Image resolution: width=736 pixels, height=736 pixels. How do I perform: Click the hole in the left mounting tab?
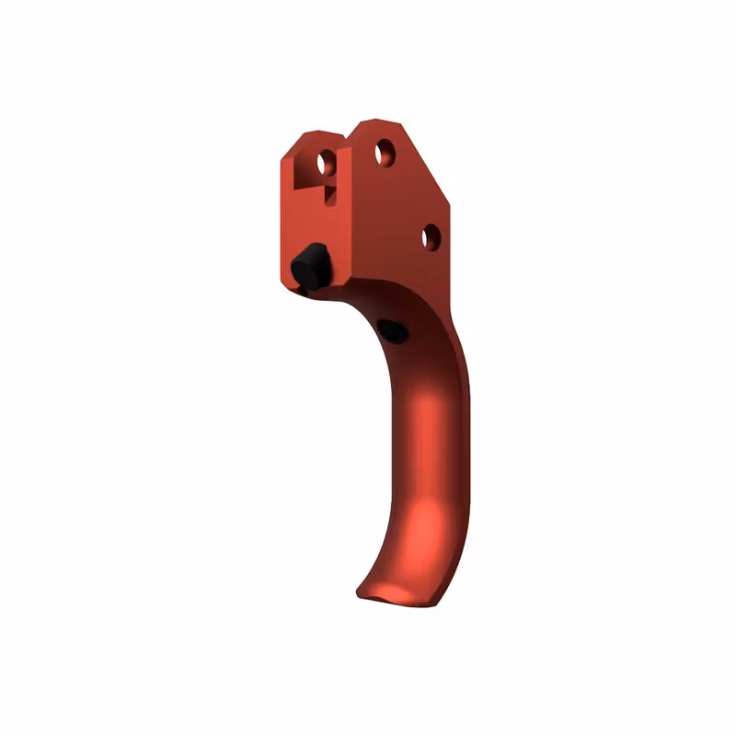click(x=326, y=164)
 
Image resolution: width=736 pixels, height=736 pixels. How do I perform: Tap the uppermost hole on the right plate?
click(x=385, y=151)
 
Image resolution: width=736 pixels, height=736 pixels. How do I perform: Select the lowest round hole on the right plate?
click(x=430, y=236)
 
